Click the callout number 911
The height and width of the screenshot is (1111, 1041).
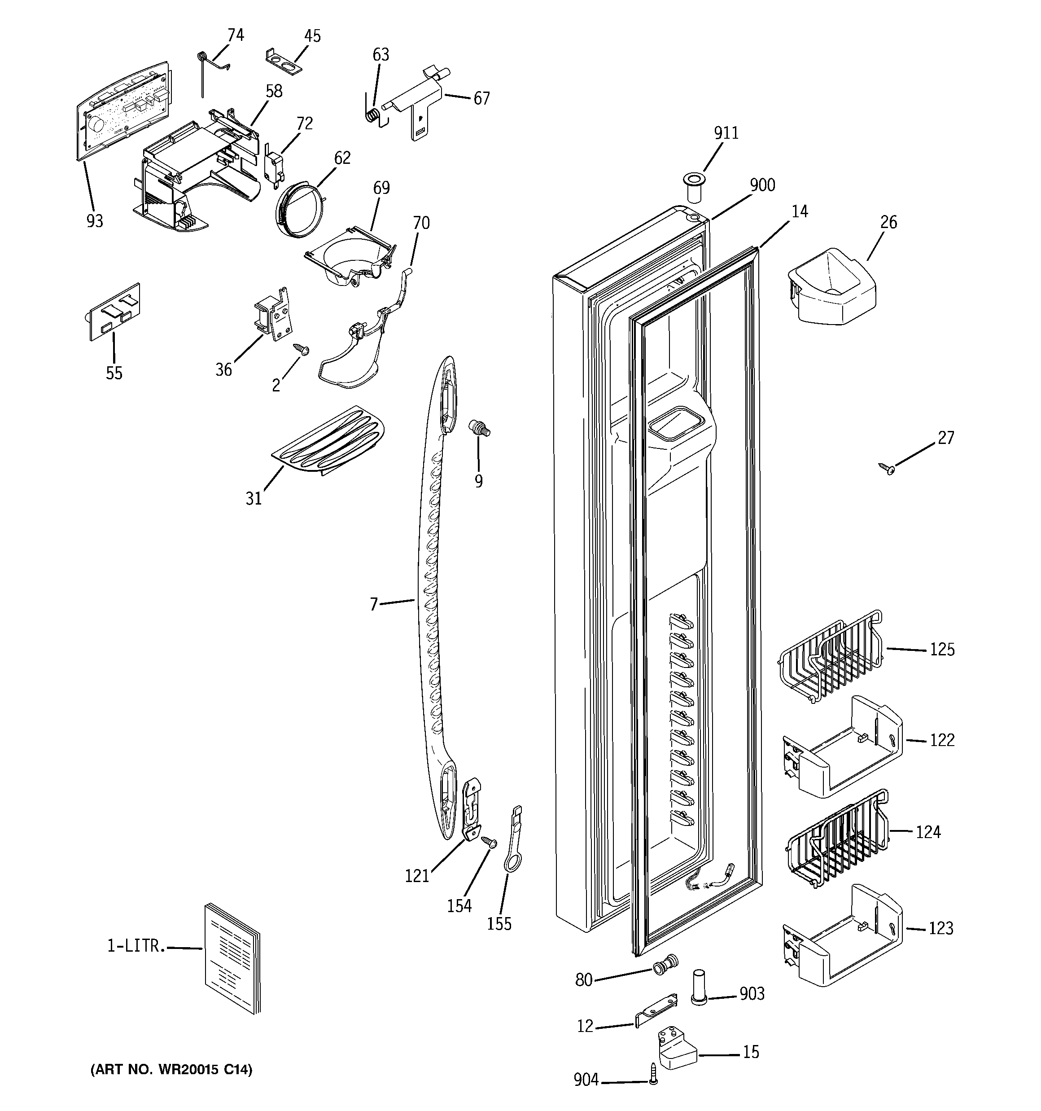click(726, 133)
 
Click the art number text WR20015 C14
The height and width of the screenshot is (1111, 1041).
click(171, 1070)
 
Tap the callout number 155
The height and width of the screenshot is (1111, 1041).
click(499, 924)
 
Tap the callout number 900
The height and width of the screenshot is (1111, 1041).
click(762, 185)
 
